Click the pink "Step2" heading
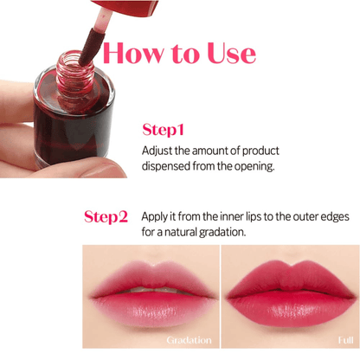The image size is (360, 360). [106, 216]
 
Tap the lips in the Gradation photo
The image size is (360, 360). [149, 291]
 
